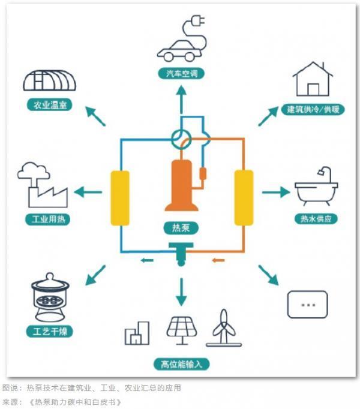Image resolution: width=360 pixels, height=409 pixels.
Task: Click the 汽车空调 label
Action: [x=181, y=74]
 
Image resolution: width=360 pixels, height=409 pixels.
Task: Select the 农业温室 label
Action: [x=50, y=106]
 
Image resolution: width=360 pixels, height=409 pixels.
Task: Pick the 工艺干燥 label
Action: [x=50, y=331]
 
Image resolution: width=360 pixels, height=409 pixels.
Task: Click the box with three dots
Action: [x=307, y=304]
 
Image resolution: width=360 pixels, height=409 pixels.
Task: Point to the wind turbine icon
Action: [x=223, y=328]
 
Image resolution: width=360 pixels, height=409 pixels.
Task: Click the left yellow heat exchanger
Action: [x=120, y=197]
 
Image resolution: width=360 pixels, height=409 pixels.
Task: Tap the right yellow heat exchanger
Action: [x=243, y=197]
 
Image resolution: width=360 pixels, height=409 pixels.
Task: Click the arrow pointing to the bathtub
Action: [x=275, y=193]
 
